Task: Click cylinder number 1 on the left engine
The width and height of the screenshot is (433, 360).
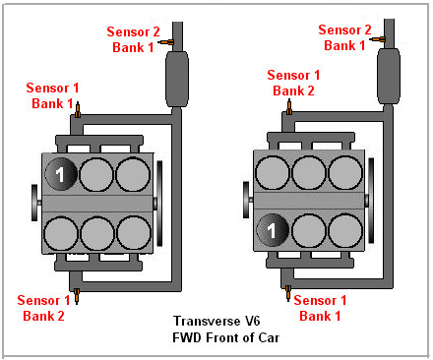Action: click(x=61, y=174)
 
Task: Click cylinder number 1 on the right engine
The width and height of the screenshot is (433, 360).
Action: click(x=273, y=230)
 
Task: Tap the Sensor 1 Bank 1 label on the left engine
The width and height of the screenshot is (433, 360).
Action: click(x=52, y=95)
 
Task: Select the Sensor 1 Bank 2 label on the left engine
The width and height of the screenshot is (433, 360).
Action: click(x=43, y=308)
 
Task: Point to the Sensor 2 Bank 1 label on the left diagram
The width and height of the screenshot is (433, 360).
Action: click(x=133, y=39)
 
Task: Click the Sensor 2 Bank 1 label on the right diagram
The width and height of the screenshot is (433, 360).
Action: click(x=344, y=37)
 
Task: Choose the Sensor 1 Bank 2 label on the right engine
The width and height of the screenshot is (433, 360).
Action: click(x=293, y=83)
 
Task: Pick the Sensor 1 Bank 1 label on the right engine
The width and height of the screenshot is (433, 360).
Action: click(x=320, y=308)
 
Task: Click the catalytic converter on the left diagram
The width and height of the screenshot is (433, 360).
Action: click(x=177, y=79)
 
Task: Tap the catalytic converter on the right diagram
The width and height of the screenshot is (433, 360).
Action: click(x=389, y=77)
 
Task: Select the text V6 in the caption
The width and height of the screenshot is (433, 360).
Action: click(x=253, y=321)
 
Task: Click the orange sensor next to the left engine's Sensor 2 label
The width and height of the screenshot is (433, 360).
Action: click(x=165, y=42)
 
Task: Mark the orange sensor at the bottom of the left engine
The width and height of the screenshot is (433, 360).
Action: click(x=77, y=296)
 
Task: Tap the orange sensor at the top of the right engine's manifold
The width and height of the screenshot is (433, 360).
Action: click(x=289, y=107)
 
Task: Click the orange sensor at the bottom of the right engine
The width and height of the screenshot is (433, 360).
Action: click(x=288, y=293)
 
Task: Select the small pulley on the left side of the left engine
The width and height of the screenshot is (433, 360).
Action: click(x=34, y=203)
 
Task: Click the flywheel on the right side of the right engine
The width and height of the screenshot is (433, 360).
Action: click(x=371, y=201)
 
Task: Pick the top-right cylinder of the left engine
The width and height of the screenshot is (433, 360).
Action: click(x=133, y=174)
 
